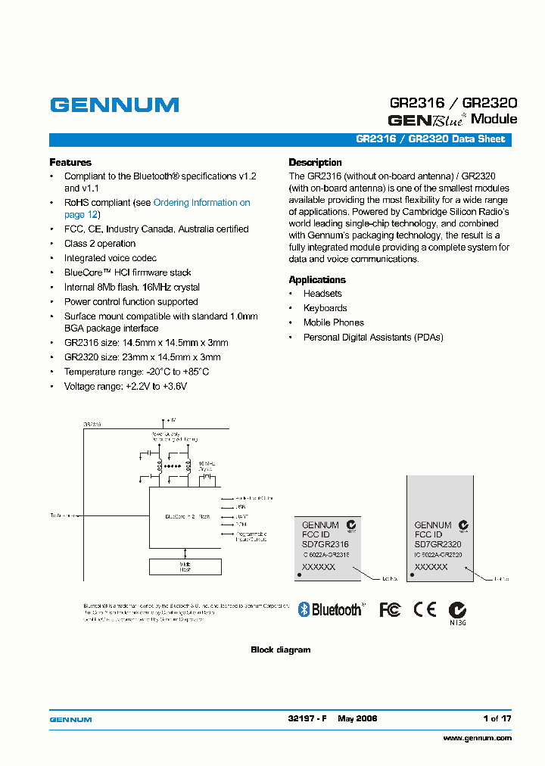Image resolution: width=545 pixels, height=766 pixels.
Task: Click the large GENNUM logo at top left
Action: coord(114,105)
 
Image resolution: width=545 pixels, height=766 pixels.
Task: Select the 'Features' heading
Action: coord(70,162)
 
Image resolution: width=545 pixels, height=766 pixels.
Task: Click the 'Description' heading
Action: coord(315,162)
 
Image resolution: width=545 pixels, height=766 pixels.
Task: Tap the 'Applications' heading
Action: coord(317,279)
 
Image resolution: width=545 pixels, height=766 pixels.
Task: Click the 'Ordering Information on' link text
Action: coord(201,203)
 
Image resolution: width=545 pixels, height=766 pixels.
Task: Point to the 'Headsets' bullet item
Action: coord(322,294)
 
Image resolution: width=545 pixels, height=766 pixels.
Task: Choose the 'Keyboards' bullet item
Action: coord(325,308)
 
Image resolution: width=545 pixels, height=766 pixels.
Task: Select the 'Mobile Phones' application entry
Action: coord(333,322)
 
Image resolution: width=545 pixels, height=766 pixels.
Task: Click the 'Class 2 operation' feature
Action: coord(100,244)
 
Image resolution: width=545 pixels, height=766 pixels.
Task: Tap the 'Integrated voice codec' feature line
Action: coord(111,258)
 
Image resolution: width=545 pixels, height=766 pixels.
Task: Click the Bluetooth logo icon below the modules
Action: coord(331,609)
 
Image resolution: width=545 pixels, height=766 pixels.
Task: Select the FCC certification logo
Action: coord(390,609)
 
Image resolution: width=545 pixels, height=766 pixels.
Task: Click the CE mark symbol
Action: coord(424,609)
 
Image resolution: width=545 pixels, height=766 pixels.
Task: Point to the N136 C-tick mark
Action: coord(456,611)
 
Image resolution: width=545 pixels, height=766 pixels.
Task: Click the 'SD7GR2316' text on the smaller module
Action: coord(325,544)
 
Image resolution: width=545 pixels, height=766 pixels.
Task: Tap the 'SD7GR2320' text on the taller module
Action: coord(438,544)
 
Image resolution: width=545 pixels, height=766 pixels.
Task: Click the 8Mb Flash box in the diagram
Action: coord(185,566)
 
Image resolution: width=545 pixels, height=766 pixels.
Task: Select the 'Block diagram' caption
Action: coord(280,649)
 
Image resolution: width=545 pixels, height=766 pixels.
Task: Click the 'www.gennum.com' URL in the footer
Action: coord(477,738)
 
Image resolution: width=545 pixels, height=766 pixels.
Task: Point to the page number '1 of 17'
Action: coord(497,718)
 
